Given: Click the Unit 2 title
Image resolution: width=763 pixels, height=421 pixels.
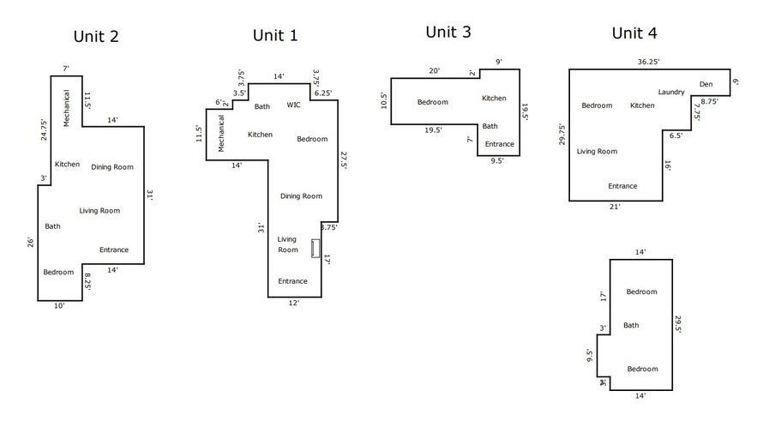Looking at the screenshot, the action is (x=96, y=37).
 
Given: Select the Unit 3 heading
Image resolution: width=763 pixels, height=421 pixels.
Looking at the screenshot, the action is (x=448, y=32).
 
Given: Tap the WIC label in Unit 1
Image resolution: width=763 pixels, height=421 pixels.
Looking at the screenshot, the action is (x=293, y=105).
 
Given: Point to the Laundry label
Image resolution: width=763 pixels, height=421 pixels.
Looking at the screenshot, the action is (x=671, y=92).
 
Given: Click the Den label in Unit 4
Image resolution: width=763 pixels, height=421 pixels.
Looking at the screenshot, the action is (x=706, y=84).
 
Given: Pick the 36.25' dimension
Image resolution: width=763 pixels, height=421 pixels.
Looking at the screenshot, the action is (x=649, y=62).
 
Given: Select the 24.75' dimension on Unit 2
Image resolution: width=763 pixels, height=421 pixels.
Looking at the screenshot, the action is (x=44, y=130).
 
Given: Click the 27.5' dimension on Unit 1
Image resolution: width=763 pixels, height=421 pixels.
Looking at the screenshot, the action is (x=344, y=160).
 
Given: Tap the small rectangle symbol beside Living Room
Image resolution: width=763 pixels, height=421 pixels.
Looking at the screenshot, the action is (x=315, y=248).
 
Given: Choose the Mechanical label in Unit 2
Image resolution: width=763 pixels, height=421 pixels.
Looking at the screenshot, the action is (x=67, y=108).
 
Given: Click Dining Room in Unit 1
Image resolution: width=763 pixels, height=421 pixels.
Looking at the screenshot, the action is (x=301, y=196).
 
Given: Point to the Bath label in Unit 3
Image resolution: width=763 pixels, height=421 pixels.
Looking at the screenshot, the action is (x=490, y=126).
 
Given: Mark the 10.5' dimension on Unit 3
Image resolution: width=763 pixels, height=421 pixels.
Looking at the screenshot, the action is (x=383, y=100).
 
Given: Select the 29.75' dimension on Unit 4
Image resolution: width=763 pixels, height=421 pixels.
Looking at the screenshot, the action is (x=562, y=135).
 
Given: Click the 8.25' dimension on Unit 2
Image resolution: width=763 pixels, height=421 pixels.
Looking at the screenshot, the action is (x=87, y=281).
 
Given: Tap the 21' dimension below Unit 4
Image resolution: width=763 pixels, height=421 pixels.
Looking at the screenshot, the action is (x=615, y=207).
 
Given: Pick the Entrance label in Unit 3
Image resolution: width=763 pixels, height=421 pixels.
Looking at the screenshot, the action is (x=500, y=144).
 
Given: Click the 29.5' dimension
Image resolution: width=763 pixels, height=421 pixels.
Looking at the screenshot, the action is (x=678, y=324).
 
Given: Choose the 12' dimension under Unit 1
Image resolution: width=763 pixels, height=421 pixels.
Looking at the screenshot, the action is (x=294, y=303).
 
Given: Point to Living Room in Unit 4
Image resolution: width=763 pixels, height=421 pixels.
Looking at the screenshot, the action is (x=597, y=152).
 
